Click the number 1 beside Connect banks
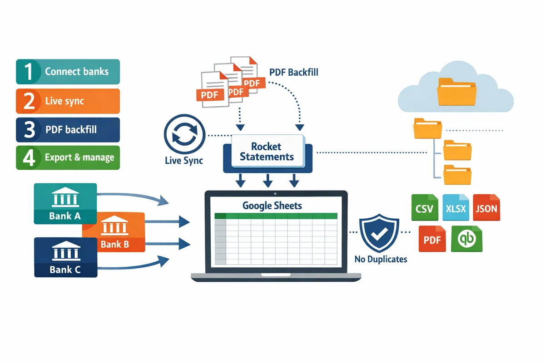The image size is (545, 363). coord(29,72)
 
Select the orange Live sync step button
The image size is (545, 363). coord(68,101)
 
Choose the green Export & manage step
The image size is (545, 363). coord(68,158)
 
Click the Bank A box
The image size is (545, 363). coord(65,203)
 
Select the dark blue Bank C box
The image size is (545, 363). coord(65,257)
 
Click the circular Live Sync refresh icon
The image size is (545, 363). coord(183,135)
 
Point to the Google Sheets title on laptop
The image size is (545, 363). coord(272,206)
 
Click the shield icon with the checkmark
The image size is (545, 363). coord(379,234)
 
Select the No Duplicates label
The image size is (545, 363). coord(381,260)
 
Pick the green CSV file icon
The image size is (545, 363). coord(425,209)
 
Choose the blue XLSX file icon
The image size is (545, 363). coord(456,209)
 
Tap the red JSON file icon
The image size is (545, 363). coord(486,209)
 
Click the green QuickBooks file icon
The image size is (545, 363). coord(466,239)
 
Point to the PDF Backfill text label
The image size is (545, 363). coord(293,73)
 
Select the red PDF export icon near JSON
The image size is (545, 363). coord(432,239)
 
